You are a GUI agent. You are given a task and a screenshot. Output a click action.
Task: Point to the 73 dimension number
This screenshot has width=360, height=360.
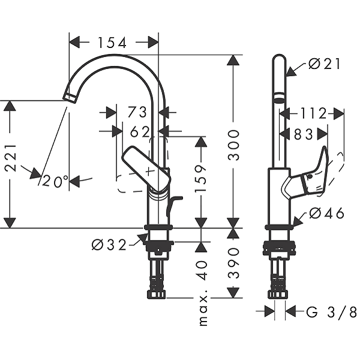coord(137,112)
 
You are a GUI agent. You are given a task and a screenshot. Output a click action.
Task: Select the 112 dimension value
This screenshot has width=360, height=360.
coord(311,113)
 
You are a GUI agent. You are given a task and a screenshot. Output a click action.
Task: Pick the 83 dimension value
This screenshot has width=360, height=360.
coord(304,134)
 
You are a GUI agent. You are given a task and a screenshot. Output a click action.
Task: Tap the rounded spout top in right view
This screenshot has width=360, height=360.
coord(279,60)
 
